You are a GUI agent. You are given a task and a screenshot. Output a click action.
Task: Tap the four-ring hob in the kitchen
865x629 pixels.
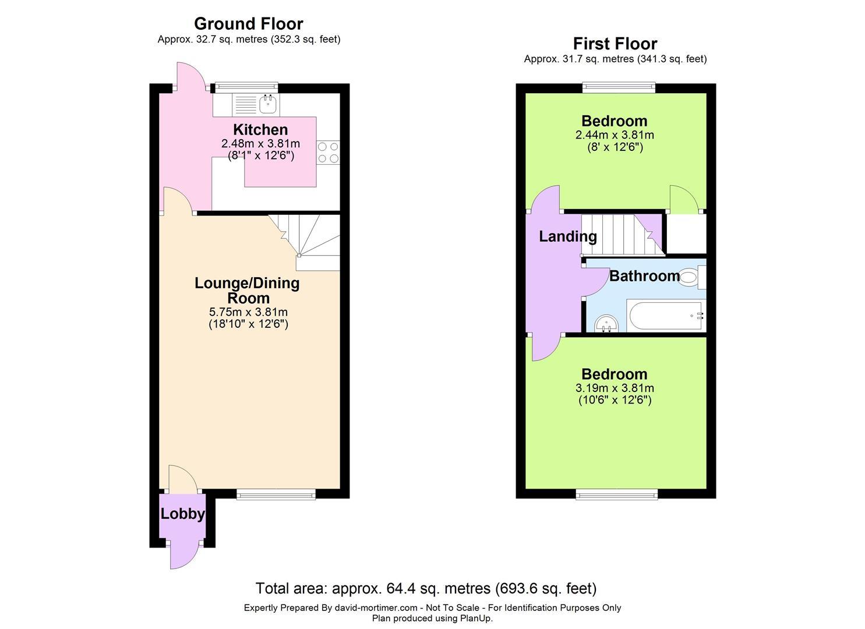[329, 153]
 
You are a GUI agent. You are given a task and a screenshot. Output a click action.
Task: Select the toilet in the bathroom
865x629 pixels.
[693, 277]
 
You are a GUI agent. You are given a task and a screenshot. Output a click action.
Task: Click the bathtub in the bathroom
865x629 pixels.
[666, 315]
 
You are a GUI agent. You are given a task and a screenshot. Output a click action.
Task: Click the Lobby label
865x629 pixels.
[183, 514]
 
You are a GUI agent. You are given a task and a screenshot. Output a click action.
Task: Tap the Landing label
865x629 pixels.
[568, 236]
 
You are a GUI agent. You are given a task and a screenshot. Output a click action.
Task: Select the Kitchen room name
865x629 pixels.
[260, 129]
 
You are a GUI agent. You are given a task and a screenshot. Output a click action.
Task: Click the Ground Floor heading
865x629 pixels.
[249, 24]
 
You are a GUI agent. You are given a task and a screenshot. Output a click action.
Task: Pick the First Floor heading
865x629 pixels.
[615, 44]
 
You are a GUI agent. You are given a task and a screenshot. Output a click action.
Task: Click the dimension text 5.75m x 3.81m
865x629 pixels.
[248, 312]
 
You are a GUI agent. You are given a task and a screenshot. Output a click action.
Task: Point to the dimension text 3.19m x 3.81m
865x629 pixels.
[615, 388]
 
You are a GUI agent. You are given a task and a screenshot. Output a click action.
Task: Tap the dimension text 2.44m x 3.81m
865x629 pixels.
[615, 135]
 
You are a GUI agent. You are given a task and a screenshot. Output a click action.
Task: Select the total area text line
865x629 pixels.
[426, 588]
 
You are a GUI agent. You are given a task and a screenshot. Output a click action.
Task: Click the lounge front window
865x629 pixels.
[276, 494]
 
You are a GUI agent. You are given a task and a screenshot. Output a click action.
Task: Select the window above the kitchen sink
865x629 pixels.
[246, 87]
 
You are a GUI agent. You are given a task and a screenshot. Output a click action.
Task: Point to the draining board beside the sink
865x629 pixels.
[246, 104]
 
